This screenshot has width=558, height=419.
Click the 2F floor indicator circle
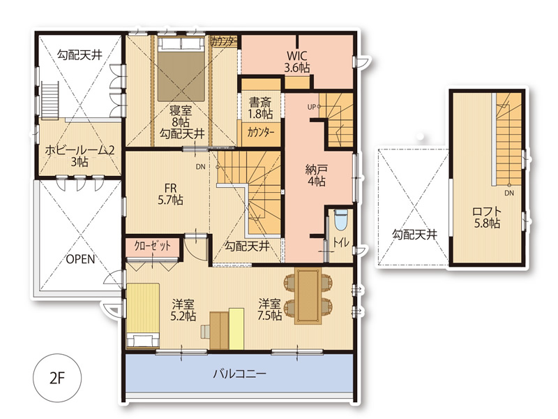tap(57, 378)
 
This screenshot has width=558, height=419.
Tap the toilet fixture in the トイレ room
tap(341, 220)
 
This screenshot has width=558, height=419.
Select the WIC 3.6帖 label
tap(297, 61)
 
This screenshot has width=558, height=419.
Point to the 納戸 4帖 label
tap(316, 175)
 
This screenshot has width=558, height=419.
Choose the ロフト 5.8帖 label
tap(487, 217)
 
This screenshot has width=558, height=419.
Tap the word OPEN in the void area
tap(81, 259)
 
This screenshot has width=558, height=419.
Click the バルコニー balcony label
tap(239, 374)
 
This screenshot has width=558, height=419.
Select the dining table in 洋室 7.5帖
tap(308, 296)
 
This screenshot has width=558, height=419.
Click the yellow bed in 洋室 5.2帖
tap(143, 315)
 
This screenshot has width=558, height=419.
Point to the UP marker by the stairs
tap(311, 107)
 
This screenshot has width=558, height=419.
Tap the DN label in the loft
tap(509, 193)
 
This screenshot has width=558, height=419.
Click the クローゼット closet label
tap(152, 246)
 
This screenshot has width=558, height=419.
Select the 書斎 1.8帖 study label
tap(260, 108)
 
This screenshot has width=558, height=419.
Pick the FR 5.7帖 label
tap(170, 194)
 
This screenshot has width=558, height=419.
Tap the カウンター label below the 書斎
tap(261, 133)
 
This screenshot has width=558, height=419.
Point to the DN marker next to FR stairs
tap(201, 166)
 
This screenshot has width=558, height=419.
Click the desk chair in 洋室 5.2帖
tap(205, 332)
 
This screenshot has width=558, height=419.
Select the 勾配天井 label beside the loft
tap(414, 234)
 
